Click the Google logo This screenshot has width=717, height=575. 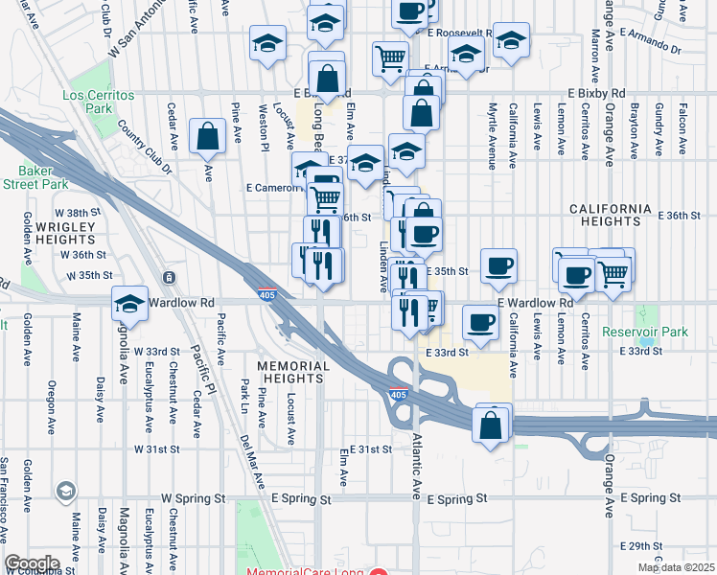pyautogui.click(x=33, y=563)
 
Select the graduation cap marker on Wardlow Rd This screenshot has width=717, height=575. pyautogui.click(x=130, y=304)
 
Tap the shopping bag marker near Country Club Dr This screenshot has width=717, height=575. pyautogui.click(x=208, y=137)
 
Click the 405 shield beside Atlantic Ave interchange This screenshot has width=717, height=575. pyautogui.click(x=397, y=394)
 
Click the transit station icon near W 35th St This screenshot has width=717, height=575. pyautogui.click(x=169, y=278)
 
